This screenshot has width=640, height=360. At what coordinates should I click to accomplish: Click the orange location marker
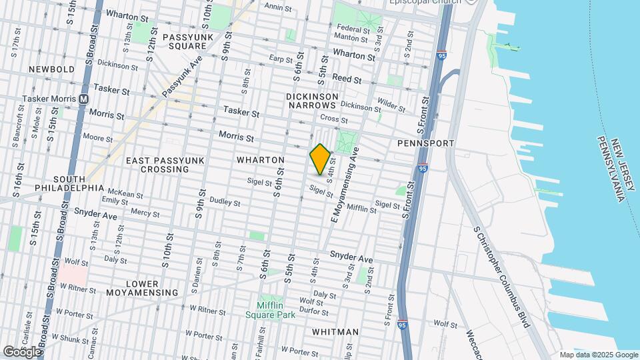pos(320,159)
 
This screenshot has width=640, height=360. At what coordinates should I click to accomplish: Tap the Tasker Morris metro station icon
pos(84,99)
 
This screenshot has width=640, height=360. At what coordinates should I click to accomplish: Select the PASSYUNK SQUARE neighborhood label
pos(181,41)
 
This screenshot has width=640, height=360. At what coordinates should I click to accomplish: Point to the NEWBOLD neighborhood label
pos(51,69)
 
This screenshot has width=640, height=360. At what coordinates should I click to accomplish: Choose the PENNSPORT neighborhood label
pos(425,143)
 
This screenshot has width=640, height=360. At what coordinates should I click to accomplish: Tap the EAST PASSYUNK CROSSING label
pos(157,165)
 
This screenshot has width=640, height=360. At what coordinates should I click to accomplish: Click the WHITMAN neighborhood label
pos(335,332)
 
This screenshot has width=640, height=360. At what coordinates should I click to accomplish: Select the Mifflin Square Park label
pos(270,309)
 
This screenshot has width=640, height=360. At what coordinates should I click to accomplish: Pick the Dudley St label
pos(225,201)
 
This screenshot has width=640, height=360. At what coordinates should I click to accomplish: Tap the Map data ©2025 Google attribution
pos(599,355)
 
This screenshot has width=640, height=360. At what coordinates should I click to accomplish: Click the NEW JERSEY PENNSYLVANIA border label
pos(611,169)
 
